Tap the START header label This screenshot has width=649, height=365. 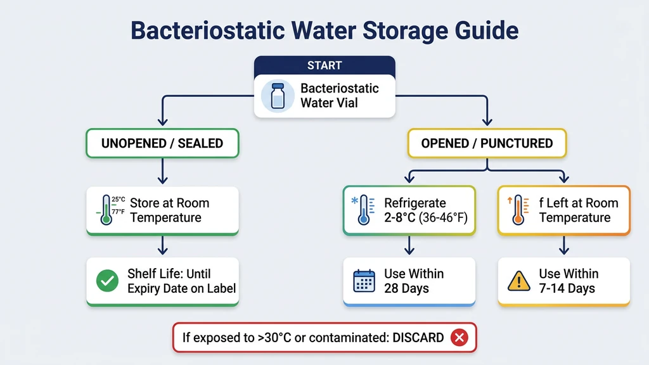pyautogui.click(x=324, y=65)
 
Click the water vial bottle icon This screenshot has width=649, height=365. pyautogui.click(x=277, y=96)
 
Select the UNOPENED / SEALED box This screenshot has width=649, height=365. pyautogui.click(x=162, y=143)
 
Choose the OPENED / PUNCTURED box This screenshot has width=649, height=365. pyautogui.click(x=487, y=143)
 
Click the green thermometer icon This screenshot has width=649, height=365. pyautogui.click(x=106, y=210)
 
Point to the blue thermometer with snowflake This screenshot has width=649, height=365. pyautogui.click(x=362, y=210)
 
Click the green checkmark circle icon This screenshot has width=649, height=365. pyautogui.click(x=107, y=281)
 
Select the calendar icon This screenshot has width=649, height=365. pyautogui.click(x=364, y=281)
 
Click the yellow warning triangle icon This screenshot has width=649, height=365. pyautogui.click(x=518, y=281)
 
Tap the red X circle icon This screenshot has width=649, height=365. pyautogui.click(x=459, y=338)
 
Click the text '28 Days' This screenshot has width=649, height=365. pyautogui.click(x=406, y=289)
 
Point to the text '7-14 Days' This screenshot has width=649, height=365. pyautogui.click(x=567, y=289)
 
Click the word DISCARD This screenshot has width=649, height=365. pyautogui.click(x=418, y=338)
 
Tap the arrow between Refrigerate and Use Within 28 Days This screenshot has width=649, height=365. pyautogui.click(x=409, y=245)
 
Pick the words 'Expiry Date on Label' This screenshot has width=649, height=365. pyautogui.click(x=181, y=289)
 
